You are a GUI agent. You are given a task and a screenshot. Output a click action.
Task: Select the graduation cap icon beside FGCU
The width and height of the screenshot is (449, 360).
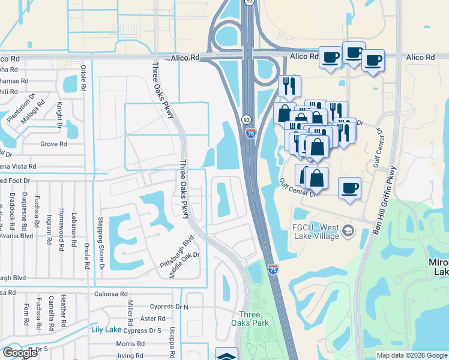coord(349,231)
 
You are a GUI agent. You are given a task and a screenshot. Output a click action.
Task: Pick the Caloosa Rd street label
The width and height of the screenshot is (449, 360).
coord(112,294)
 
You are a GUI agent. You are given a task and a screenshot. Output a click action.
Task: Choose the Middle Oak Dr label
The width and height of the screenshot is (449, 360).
coord(184,263)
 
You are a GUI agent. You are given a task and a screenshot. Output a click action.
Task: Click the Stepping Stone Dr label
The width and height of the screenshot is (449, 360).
coord(100,242)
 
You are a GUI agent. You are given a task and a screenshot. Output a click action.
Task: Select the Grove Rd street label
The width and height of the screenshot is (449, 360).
coord(53,144)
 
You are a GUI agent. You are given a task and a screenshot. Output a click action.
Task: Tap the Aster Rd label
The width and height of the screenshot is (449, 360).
coord(152,319)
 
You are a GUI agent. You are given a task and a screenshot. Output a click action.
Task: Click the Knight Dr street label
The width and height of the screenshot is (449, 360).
coord(60,114)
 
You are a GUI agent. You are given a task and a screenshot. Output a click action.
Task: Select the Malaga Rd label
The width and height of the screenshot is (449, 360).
coord(37,111)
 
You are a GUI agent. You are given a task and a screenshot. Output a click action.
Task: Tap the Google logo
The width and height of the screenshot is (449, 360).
coord(20,353)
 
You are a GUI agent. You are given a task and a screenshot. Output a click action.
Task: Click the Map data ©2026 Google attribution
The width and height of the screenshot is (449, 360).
coord(411,355)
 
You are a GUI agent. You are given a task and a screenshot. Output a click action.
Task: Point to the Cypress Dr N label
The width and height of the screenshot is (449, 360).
coord(169,307)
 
